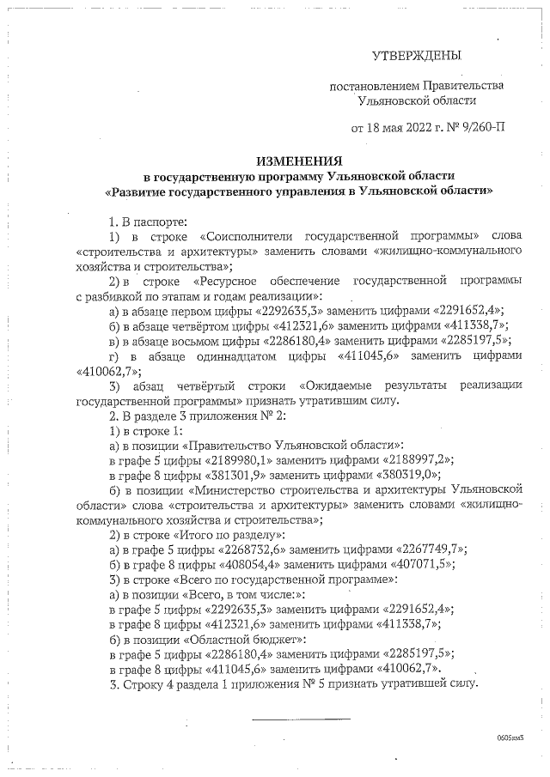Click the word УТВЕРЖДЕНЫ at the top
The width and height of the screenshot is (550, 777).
[x=415, y=56]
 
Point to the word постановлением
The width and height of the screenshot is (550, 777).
[x=377, y=86]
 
